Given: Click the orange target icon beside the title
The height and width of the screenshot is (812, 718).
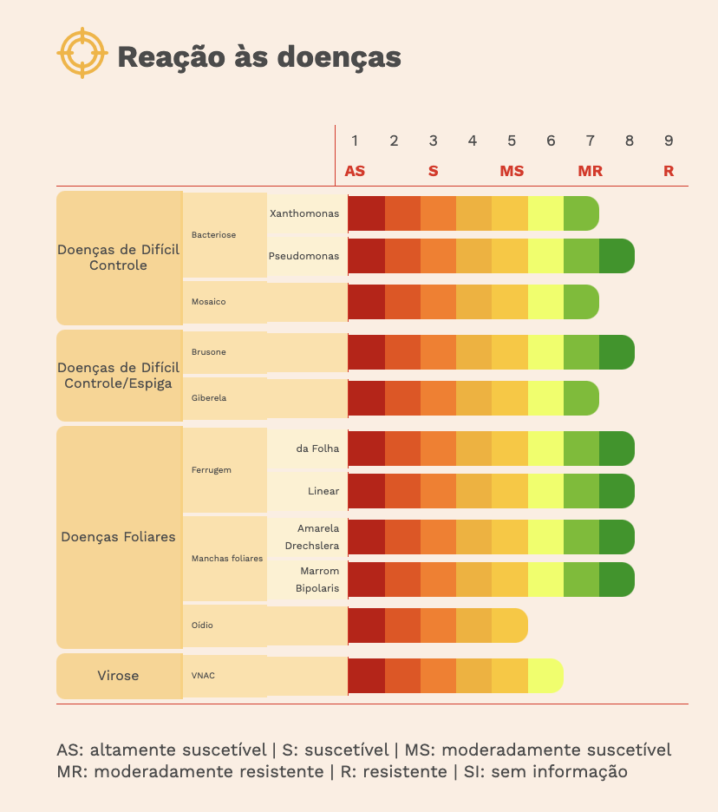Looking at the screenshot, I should (82, 54).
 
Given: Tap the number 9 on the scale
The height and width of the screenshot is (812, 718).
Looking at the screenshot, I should (668, 141).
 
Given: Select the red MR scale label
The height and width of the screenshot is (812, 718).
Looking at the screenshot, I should (590, 171).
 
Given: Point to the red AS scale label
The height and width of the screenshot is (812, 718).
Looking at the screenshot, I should (355, 171).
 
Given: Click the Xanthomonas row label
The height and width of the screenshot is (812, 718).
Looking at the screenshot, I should (304, 213).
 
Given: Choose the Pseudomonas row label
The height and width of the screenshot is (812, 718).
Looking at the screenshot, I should (304, 257).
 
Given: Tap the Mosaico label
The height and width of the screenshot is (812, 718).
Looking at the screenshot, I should (208, 302).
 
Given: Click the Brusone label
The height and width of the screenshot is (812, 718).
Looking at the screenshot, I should (208, 352).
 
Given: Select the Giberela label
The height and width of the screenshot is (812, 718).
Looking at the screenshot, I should (208, 398).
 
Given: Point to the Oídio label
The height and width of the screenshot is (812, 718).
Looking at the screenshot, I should (202, 625).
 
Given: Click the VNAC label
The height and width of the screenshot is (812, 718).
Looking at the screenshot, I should (202, 676).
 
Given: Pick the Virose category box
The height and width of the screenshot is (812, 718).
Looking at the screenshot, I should (118, 676).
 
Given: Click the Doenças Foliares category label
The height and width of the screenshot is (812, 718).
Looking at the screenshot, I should (118, 537).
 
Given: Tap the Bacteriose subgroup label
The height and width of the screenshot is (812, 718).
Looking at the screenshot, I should (213, 235).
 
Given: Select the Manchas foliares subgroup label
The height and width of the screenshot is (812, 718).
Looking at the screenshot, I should (226, 559).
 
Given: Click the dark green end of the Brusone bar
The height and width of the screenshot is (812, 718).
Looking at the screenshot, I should (617, 352).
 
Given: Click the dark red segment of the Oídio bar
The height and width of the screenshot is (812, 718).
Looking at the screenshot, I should (366, 625).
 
